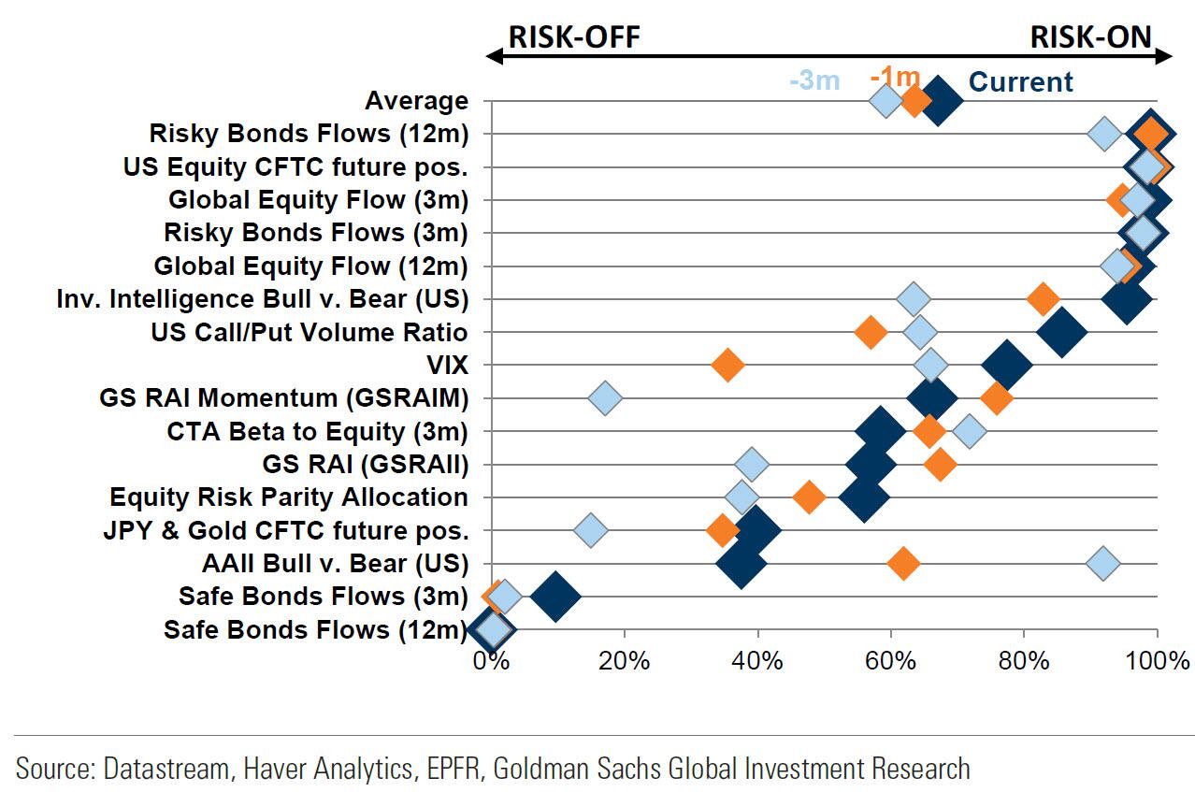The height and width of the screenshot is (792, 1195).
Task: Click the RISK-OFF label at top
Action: (573, 36)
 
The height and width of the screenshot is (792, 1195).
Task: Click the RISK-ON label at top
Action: (1090, 36)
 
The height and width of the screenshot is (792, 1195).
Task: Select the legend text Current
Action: (1021, 82)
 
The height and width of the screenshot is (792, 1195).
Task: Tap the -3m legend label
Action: (814, 81)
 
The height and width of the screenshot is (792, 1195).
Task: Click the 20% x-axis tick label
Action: (624, 661)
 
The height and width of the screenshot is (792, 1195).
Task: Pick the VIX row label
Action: (447, 366)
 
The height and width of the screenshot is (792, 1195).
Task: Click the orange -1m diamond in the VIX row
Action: (727, 365)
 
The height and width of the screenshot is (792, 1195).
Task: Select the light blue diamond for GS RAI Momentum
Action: (605, 398)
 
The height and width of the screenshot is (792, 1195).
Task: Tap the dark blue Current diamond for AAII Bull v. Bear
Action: (741, 564)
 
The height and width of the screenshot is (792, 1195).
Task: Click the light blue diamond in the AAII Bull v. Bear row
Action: (1103, 564)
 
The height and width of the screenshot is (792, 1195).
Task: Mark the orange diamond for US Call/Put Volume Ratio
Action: (871, 332)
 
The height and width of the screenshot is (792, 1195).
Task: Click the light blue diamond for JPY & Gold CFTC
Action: (590, 531)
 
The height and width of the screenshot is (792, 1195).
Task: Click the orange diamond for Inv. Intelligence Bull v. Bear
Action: (1043, 299)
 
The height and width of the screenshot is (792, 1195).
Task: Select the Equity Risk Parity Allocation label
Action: (289, 497)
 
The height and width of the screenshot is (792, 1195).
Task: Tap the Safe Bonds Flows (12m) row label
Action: (315, 629)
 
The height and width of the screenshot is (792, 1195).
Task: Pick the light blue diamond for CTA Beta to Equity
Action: (971, 431)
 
